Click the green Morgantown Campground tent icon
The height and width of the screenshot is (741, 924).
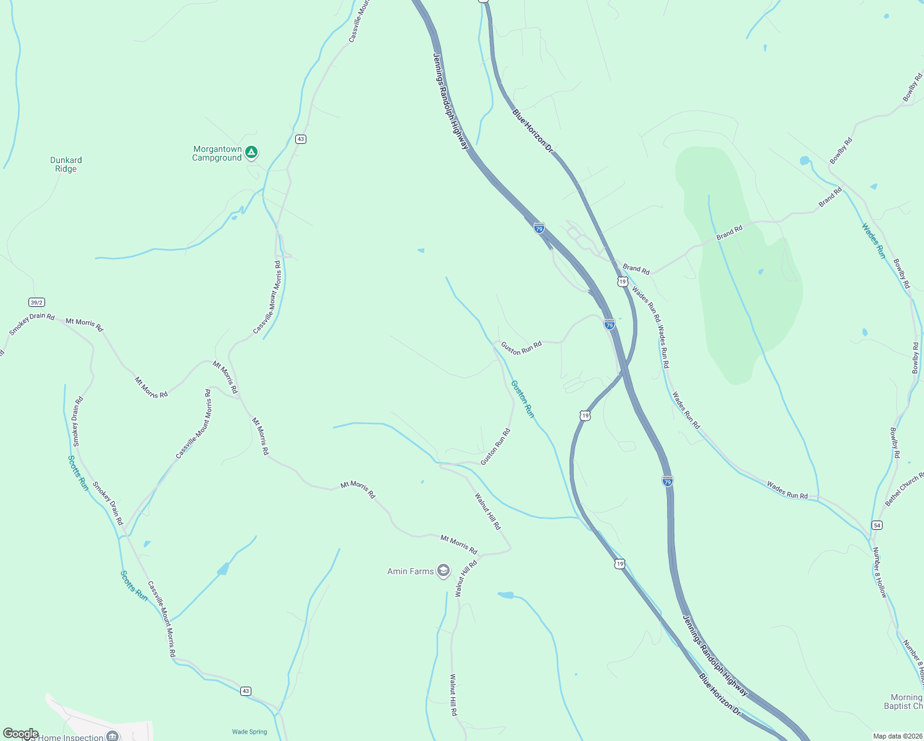pos(251,152)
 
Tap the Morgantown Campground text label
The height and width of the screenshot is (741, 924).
pos(217,154)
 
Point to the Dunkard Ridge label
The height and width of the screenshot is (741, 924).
pos(66,164)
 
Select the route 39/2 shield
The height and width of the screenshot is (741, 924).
pos(36,302)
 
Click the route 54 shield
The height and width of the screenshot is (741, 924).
pos(877,525)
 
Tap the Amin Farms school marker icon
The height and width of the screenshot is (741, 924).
pos(443,571)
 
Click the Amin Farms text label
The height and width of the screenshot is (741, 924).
pos(410,571)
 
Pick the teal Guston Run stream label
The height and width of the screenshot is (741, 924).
pos(523,399)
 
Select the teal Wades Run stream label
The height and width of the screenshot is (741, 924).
pos(874,241)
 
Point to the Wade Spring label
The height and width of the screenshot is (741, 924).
pos(250,732)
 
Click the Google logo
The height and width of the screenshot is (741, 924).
pos(20,734)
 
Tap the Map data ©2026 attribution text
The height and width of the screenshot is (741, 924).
pos(896,736)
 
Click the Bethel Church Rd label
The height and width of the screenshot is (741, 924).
pos(904,490)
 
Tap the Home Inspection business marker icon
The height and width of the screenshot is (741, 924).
pos(112,735)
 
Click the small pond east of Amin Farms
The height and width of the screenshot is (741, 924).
pos(506,595)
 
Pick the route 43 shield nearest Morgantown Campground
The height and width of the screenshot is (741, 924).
pos(300,139)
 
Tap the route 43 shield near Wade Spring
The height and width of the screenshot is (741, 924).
pos(246,691)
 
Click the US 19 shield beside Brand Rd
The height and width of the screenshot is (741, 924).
pos(623,282)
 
